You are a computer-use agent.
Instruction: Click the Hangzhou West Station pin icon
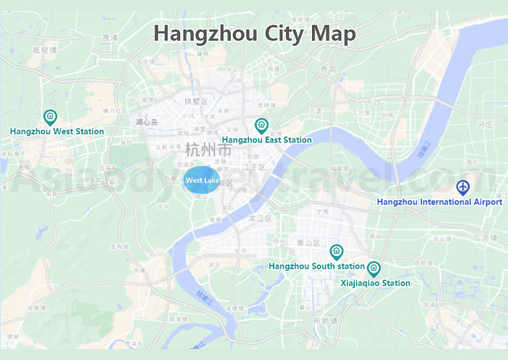(x=50, y=117)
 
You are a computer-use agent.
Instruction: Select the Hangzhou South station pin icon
(x=336, y=252)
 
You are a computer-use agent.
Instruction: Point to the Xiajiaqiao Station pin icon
(x=374, y=269)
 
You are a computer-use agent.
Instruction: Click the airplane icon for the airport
(x=463, y=187)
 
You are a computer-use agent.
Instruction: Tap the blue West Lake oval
(x=202, y=180)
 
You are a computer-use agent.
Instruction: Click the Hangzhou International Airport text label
(x=439, y=202)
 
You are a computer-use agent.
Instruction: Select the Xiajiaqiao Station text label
(x=375, y=283)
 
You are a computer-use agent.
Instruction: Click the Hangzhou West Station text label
(x=57, y=132)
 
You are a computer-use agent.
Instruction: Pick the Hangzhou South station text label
(x=316, y=266)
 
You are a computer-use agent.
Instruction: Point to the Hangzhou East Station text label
(x=267, y=140)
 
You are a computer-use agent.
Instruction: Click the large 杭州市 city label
(x=208, y=151)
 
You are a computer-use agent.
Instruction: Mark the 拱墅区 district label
(x=196, y=101)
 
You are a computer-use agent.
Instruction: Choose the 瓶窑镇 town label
(x=44, y=50)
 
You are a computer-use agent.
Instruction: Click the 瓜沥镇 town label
(x=483, y=237)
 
